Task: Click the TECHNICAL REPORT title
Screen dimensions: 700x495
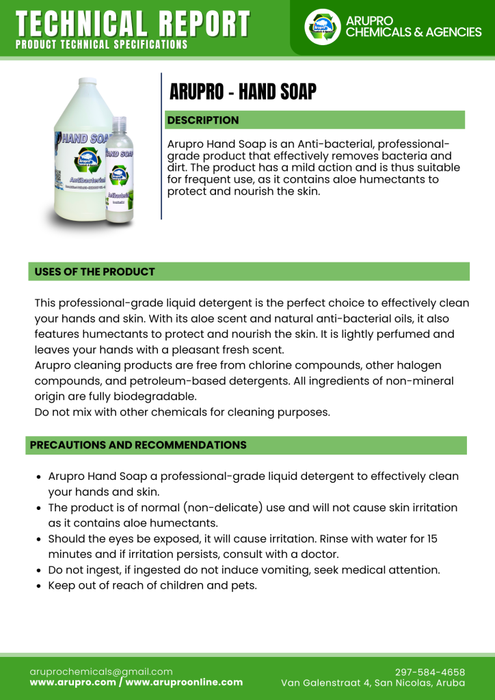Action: (133, 25)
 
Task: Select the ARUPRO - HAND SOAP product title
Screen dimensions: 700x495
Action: (243, 92)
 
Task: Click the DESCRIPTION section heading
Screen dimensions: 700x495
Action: (203, 120)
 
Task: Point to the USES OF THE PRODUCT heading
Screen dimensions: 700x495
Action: (95, 271)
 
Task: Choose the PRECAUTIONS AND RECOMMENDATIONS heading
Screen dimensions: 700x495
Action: (138, 445)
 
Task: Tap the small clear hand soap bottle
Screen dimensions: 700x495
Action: (120, 171)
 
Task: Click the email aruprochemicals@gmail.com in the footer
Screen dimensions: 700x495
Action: (101, 671)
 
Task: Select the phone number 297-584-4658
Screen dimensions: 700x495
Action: (430, 672)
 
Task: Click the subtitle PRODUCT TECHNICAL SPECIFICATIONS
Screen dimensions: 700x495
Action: (101, 44)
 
